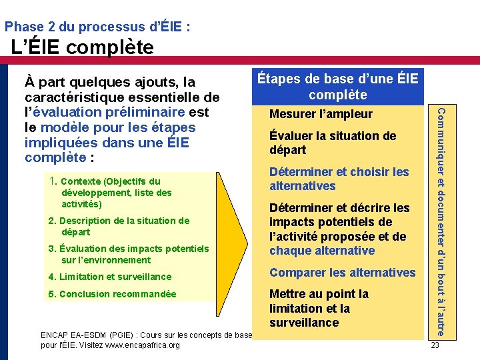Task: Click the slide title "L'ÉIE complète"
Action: pos(83,48)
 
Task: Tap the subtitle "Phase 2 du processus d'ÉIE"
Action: pos(97,27)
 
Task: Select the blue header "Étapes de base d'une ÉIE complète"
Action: pos(338,87)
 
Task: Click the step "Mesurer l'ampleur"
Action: pos(321,114)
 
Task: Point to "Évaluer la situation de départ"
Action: pos(332,143)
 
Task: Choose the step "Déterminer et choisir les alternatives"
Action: pos(339,179)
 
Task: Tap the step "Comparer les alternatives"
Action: pos(342,272)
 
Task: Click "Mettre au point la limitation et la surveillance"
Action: pos(319,308)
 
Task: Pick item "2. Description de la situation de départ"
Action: pos(119,226)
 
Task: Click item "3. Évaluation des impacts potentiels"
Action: pos(129,254)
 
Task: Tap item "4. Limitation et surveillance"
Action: pos(109,277)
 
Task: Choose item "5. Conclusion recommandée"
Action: pos(112,294)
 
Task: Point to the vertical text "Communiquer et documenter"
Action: pos(439,220)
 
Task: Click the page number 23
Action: pos(435,345)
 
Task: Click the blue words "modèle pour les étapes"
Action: pos(118,127)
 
